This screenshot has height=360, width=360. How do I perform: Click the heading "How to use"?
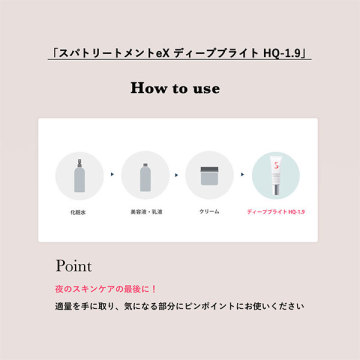pos(175,88)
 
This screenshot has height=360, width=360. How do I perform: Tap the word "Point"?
pos(73,266)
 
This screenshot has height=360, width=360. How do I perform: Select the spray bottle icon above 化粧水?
pos(79,176)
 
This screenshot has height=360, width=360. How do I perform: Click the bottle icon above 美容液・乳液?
pos(145,177)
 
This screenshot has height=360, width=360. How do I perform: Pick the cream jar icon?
pos(209,176)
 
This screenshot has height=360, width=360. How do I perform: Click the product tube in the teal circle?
pos(276,177)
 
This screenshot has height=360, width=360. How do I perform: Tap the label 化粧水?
pos(78,212)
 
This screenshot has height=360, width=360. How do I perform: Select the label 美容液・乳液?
pos(146,212)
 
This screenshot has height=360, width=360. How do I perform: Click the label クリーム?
pos(209,212)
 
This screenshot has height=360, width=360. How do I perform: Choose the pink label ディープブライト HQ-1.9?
pos(276,212)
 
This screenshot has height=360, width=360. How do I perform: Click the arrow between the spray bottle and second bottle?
pos(112,174)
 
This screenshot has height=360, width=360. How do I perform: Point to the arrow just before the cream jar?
pos(177,174)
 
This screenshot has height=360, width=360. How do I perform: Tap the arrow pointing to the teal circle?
pos(243,174)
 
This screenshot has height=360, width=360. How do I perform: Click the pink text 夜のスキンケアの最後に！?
pos(106,289)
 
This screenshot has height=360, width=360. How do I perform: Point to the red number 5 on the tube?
pos(276,165)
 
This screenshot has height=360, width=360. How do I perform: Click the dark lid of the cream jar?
pos(209,169)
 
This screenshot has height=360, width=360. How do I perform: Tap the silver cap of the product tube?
pos(276,191)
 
